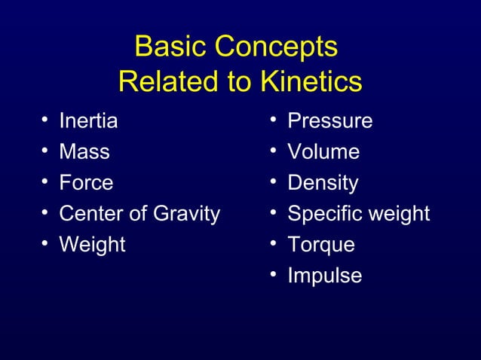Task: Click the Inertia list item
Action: pyautogui.click(x=88, y=121)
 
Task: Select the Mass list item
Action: pyautogui.click(x=84, y=151)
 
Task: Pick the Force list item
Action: pyautogui.click(x=86, y=183)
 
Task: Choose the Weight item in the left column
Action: pyautogui.click(x=92, y=245)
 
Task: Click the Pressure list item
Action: pyautogui.click(x=329, y=121)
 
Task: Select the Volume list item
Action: pyautogui.click(x=323, y=151)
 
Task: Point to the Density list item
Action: pyautogui.click(x=323, y=183)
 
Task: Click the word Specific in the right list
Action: pyautogui.click(x=324, y=215)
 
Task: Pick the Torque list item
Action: pyautogui.click(x=320, y=245)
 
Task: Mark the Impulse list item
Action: pyautogui.click(x=324, y=276)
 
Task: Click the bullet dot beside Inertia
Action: pyautogui.click(x=45, y=121)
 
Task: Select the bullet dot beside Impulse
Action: pyautogui.click(x=274, y=276)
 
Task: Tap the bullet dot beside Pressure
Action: pyautogui.click(x=274, y=121)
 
